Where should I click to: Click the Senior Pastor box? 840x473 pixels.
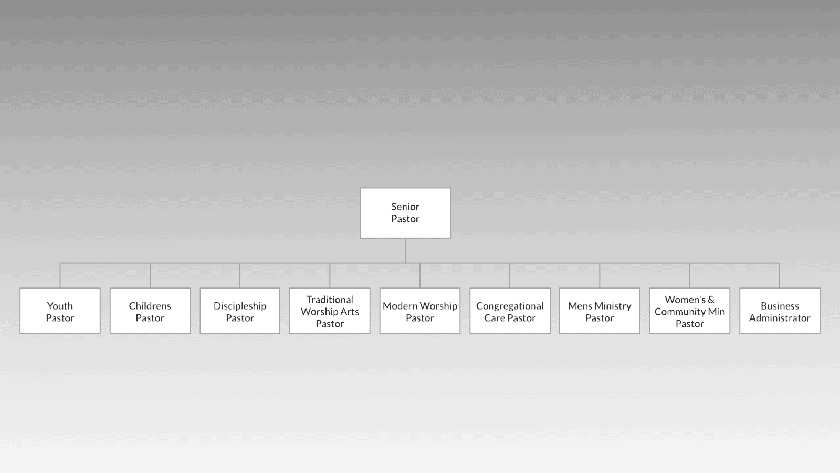pos(405,213)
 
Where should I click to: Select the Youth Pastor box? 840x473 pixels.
pos(60,311)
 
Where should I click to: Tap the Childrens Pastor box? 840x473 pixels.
pos(150,311)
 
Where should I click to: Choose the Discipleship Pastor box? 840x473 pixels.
pos(240,311)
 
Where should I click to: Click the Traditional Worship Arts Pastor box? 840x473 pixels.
pos(330,311)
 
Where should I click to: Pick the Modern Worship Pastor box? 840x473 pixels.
pos(420,311)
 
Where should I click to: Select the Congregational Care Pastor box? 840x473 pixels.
pos(510,311)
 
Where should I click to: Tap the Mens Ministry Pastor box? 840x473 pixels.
pos(600,311)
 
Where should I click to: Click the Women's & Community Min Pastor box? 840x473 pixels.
pos(690,311)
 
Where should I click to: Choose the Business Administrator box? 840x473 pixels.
pos(780,311)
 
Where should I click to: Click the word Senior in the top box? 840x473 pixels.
pos(405,207)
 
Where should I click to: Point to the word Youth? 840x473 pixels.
pos(60,305)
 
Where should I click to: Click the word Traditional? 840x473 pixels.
pos(330,300)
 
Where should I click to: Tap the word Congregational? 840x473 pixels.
pos(510,306)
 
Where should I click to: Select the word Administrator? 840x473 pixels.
pos(780,318)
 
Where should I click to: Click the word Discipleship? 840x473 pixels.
pos(240,306)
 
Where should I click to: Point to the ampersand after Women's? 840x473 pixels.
pos(711,300)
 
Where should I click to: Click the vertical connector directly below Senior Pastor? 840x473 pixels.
pos(405,250)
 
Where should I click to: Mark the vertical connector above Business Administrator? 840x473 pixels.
pos(779,275)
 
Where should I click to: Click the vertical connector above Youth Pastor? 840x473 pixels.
pos(60,275)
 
